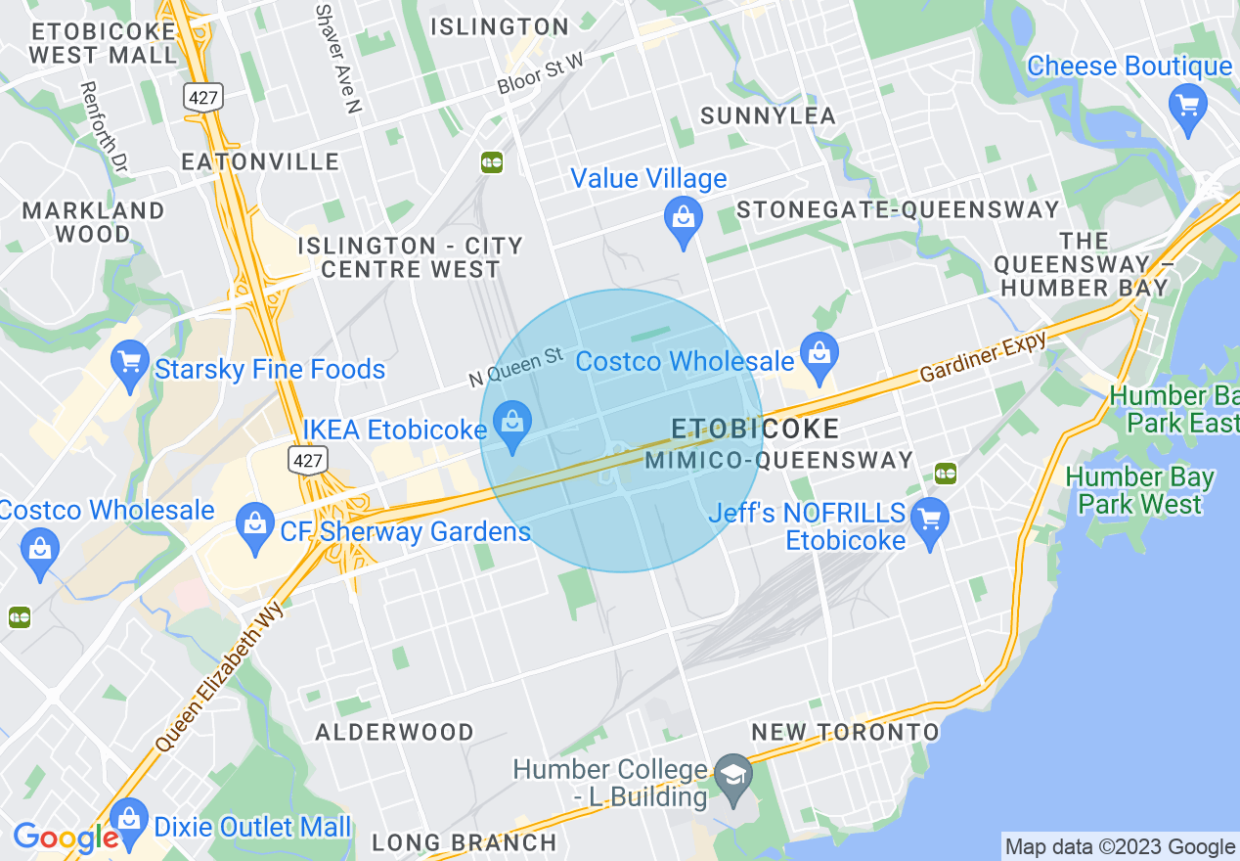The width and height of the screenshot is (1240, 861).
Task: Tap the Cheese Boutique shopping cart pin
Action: tap(1188, 104)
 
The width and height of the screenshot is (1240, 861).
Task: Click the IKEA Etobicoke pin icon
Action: tap(511, 424)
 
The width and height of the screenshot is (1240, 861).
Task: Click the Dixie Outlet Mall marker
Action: tap(129, 820)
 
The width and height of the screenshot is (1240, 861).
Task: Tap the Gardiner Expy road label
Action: tap(983, 357)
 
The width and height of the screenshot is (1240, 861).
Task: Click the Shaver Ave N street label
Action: tap(338, 59)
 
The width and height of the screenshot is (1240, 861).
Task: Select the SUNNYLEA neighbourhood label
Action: tap(768, 116)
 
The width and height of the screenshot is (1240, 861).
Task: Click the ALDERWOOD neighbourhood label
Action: tap(394, 732)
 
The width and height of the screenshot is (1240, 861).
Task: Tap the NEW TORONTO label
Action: tap(845, 732)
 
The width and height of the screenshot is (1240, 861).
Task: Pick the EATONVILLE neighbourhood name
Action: tap(260, 161)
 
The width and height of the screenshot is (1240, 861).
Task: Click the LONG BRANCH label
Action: tap(464, 842)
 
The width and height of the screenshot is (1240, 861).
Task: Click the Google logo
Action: tap(65, 838)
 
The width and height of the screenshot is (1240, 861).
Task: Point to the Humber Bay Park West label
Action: tap(1139, 491)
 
